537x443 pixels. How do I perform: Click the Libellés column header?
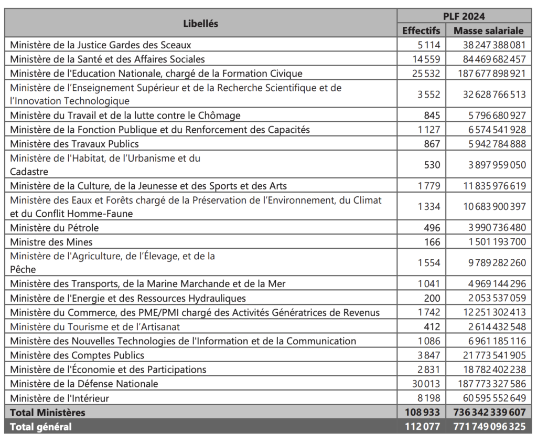(x=201, y=23)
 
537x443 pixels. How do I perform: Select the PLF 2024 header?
(x=464, y=16)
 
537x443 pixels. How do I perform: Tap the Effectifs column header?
(x=421, y=30)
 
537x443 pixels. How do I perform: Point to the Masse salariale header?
(x=488, y=30)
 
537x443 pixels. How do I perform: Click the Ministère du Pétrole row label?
(x=55, y=228)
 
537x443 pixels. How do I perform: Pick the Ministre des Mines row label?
(x=51, y=242)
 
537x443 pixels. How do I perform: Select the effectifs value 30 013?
(x=426, y=384)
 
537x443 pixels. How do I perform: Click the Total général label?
(x=41, y=427)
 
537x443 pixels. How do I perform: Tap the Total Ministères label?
(x=48, y=413)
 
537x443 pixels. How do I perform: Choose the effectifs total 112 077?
(x=422, y=427)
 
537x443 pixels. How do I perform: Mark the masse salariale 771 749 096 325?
(x=489, y=427)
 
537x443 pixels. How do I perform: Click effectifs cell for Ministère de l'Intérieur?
(x=429, y=398)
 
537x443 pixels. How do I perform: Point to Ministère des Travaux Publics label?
(x=74, y=144)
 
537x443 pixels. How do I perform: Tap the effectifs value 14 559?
(x=426, y=59)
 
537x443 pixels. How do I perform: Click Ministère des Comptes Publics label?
(x=77, y=355)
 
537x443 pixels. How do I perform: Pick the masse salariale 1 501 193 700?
(x=497, y=242)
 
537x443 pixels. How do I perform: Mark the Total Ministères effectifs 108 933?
(x=422, y=413)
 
